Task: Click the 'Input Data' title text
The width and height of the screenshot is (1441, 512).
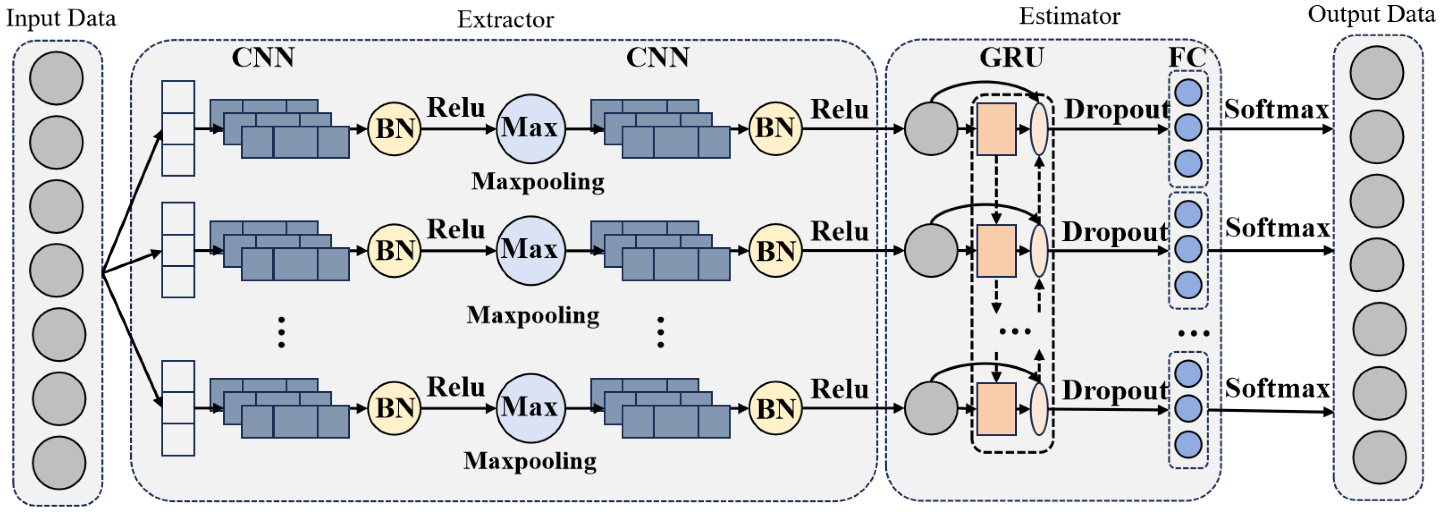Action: point(61,18)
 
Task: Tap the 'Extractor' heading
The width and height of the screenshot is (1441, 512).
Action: point(505,20)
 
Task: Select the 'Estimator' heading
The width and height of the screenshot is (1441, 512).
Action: point(1069,16)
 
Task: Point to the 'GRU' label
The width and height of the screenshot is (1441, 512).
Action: point(1011,57)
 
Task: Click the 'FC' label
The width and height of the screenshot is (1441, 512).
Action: point(1186,57)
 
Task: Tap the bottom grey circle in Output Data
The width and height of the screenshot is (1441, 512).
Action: point(1379,457)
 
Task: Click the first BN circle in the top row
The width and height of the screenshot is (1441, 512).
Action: point(394,129)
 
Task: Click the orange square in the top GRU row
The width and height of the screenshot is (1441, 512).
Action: point(996,129)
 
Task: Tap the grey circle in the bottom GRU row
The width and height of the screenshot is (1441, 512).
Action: point(930,408)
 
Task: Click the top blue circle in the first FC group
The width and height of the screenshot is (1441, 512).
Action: point(1188,92)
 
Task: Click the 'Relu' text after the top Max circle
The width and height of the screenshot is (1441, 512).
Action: point(839,109)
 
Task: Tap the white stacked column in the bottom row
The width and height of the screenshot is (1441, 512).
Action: point(178,408)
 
